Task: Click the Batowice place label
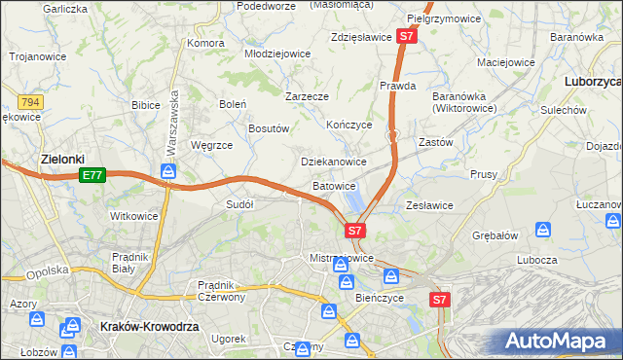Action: point(334,185)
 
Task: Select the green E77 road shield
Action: point(92,175)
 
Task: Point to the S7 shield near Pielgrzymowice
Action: point(408,36)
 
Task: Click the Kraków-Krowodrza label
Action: point(149,328)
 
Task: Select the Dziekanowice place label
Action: point(333,162)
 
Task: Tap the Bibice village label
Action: point(145,103)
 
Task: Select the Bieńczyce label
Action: point(379,298)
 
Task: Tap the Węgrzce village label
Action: point(210,145)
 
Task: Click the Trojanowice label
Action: point(37,56)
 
